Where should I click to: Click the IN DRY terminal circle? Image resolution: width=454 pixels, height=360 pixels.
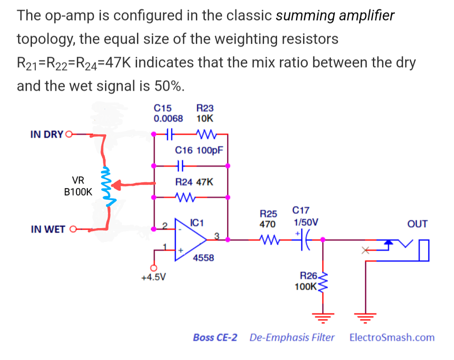pos(69,134)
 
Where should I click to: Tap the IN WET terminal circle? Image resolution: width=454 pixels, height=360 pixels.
pos(73,229)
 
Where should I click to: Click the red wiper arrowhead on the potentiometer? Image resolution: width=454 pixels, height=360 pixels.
pos(116,185)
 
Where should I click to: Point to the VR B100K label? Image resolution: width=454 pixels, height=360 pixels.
pos(78,186)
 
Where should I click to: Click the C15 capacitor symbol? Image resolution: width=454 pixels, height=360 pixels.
pos(170,134)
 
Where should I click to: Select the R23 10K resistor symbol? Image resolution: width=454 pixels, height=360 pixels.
pos(206,134)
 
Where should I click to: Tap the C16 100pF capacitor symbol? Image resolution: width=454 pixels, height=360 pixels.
pos(181,166)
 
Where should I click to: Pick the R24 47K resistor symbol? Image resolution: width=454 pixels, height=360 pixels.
pos(185,198)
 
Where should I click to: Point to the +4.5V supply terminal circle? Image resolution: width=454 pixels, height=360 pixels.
pos(154,268)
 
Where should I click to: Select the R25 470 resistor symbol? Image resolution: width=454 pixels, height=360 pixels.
pos(269,239)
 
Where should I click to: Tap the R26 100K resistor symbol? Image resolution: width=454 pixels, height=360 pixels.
pos(323,282)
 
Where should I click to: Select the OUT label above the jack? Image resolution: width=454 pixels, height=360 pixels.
pos(417,224)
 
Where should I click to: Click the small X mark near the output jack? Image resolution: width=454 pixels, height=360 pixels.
pos(365,250)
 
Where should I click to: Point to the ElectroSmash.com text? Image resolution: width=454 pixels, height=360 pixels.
pos(392,337)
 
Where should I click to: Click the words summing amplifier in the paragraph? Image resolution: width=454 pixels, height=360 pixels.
pos(335,16)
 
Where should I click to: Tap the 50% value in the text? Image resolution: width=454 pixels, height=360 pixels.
pos(169,86)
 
